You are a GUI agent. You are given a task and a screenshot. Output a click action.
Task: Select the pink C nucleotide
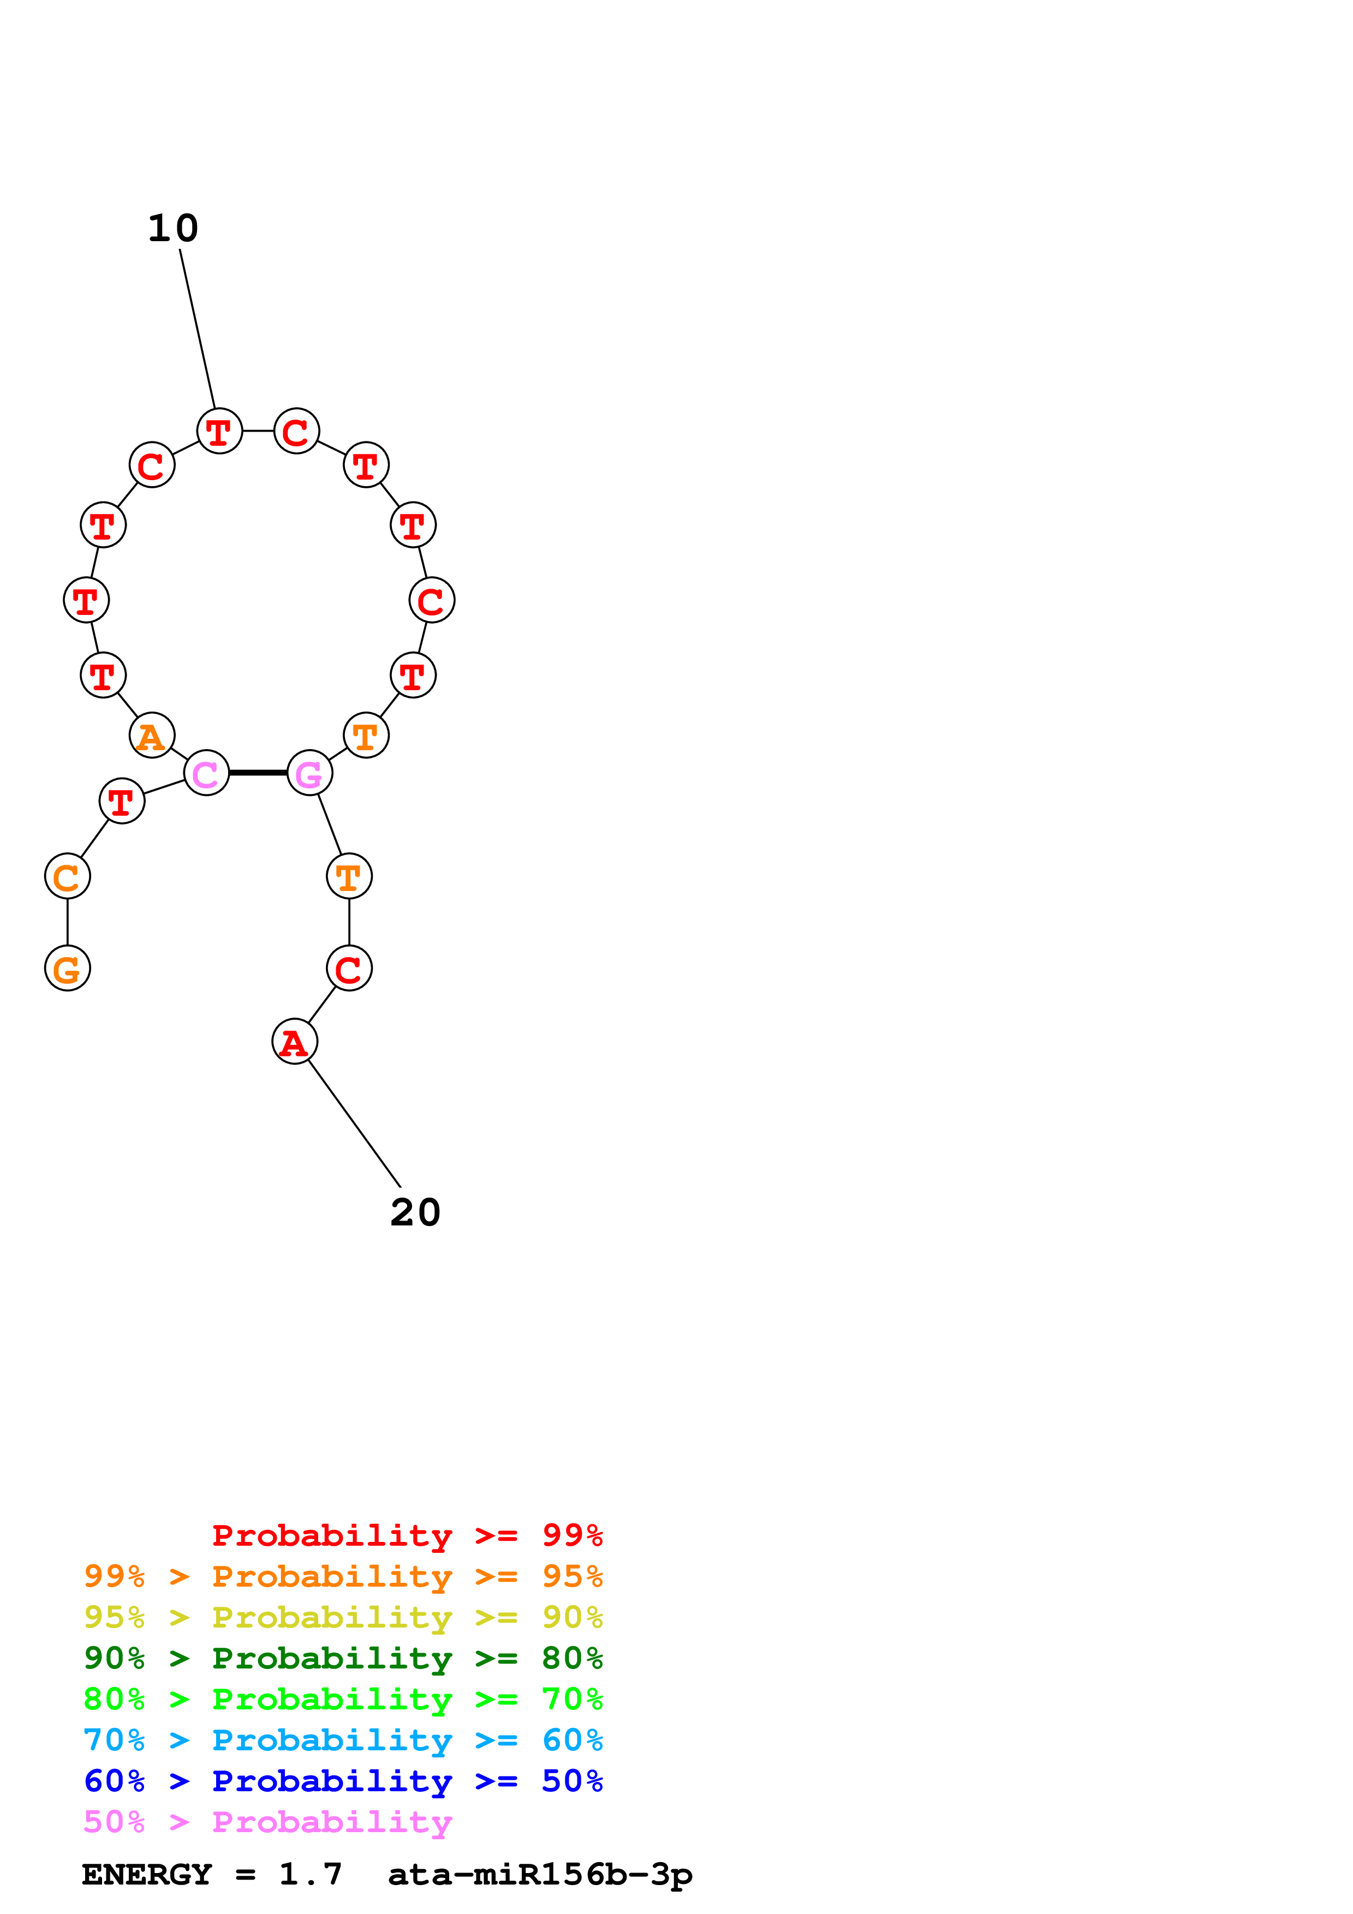[x=206, y=773]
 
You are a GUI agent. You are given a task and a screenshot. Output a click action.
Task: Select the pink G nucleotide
[x=309, y=773]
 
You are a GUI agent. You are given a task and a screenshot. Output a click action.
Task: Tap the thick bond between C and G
[x=258, y=773]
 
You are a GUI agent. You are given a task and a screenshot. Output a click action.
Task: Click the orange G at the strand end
[x=68, y=968]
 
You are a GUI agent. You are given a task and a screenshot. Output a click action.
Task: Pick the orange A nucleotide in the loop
[x=152, y=735]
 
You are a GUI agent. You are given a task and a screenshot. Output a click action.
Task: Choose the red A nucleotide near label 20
[x=294, y=1041]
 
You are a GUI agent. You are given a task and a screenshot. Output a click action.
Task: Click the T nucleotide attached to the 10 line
[x=219, y=431]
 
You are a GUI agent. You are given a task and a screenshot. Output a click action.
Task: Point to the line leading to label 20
[x=354, y=1124]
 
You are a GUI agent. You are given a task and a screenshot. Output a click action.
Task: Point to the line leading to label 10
[x=198, y=330]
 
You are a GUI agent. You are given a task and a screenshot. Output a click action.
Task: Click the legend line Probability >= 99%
[x=407, y=1535]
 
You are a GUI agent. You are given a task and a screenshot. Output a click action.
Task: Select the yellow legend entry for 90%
[x=343, y=1617]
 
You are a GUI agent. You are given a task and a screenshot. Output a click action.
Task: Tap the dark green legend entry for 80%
[x=343, y=1658]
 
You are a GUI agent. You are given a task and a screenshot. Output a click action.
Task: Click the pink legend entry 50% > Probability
[x=267, y=1821]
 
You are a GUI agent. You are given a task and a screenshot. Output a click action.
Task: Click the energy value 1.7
[x=310, y=1875]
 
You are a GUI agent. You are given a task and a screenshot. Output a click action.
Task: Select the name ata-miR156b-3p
[x=539, y=1875]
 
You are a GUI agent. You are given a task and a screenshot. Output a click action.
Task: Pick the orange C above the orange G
[x=68, y=876]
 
